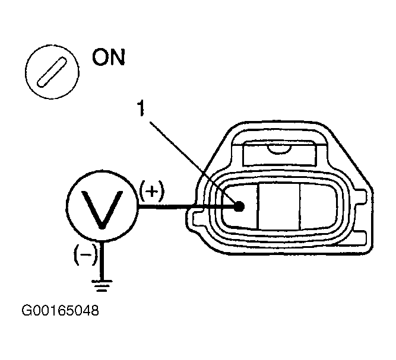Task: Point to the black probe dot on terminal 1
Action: tap(239, 206)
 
